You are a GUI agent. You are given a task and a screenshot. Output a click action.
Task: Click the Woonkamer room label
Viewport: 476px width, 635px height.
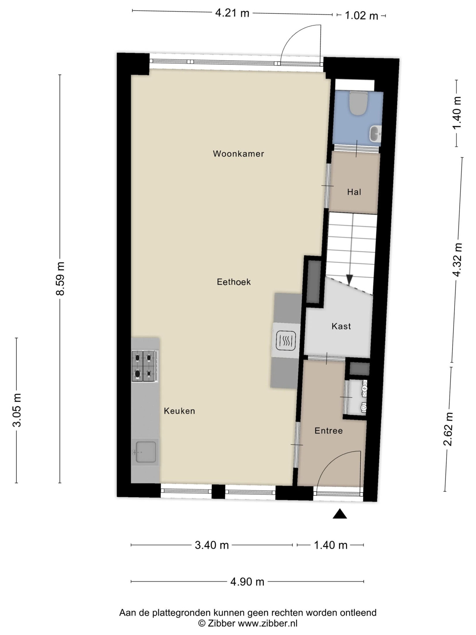coord(238,154)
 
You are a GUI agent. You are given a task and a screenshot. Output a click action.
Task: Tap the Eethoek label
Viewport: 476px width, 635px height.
coord(234,282)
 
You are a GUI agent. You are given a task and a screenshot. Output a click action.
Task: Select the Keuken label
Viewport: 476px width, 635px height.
coord(179,411)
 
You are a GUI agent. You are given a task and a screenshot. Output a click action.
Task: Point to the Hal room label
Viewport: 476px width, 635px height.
coord(354,192)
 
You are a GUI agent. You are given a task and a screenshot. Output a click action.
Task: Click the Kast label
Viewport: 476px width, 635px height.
coord(341,326)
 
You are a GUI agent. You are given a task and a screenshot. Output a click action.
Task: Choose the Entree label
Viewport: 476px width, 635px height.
coord(329,431)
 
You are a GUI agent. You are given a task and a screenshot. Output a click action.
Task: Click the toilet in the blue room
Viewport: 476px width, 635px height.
coord(358,103)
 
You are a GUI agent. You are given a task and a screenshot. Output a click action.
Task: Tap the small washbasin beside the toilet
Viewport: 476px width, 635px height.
coord(375,134)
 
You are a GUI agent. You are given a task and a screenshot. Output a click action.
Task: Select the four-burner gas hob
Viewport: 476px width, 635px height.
coord(145,366)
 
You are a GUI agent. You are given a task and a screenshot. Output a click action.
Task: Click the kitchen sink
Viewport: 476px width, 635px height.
coord(145,452)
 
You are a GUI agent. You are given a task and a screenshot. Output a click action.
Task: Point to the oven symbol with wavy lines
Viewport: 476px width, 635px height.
coord(286,341)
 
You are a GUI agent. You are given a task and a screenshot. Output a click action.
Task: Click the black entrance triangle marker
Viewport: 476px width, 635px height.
coord(340,514)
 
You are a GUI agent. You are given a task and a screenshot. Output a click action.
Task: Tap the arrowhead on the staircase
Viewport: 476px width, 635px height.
coord(349,280)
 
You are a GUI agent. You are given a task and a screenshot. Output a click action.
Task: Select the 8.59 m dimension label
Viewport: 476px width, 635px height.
coord(60,279)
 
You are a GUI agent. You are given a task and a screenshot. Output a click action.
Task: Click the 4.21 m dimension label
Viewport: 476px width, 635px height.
coord(232,13)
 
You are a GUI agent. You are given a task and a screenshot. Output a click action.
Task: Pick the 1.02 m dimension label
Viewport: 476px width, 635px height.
coord(361,16)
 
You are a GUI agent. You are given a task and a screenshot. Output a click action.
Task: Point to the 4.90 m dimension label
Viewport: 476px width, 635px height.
coord(247,582)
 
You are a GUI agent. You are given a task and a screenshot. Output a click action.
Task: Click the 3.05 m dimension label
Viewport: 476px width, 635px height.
coord(17,410)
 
